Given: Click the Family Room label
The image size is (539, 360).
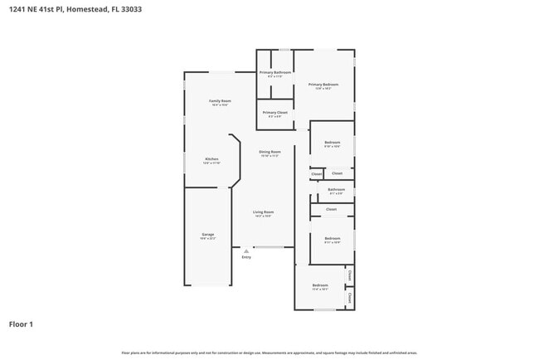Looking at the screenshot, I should click(220, 100).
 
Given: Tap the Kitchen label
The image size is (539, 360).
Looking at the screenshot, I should click(211, 158).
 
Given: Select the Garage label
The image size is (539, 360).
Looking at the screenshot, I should click(208, 234).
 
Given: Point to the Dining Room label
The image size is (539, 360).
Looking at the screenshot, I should click(269, 152).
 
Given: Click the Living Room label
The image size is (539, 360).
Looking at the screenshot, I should click(264, 212).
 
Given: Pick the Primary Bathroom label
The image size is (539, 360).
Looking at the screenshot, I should click(275, 72).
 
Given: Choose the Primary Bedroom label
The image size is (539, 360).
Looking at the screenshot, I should click(323, 84).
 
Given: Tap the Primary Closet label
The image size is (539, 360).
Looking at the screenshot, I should click(275, 112).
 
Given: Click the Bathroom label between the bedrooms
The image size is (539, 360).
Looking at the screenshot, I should click(336, 189).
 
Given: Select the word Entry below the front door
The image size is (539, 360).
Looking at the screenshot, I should click(246, 257).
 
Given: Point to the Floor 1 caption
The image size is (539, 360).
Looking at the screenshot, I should click(21, 324).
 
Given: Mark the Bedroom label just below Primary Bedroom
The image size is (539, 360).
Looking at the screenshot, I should click(333, 143).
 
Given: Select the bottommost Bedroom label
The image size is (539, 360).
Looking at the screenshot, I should click(320, 285).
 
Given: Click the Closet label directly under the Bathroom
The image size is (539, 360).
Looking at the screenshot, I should click(332, 209).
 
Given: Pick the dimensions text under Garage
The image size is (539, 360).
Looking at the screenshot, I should click(208, 238).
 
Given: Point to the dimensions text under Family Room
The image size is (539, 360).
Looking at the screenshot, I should click(220, 105).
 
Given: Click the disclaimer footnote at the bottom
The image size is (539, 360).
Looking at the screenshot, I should click(269, 353).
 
